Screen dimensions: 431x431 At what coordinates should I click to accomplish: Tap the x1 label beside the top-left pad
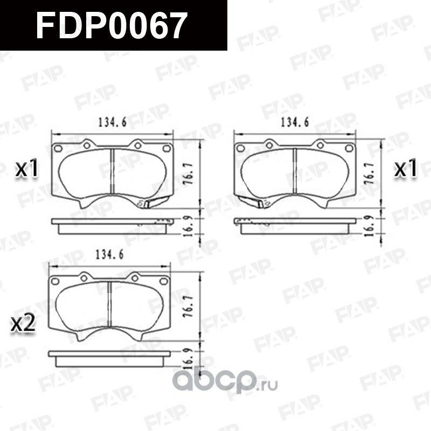pyautogui.click(x=26, y=170)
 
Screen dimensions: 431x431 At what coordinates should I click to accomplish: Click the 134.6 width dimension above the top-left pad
pyautogui.click(x=112, y=123)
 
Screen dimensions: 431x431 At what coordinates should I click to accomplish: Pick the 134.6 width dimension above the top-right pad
pyautogui.click(x=294, y=123)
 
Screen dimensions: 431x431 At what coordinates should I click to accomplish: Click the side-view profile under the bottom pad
pyautogui.click(x=109, y=356)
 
